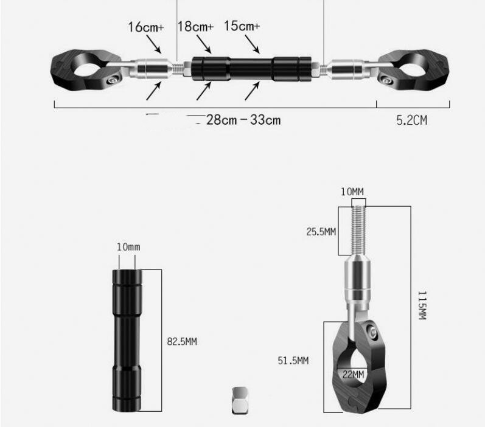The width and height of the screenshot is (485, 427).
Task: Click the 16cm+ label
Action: click(145, 27)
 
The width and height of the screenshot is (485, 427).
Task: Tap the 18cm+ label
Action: click(195, 27)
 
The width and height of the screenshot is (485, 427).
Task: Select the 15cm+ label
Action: click(242, 26)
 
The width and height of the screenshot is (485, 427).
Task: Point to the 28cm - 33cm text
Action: click(243, 120)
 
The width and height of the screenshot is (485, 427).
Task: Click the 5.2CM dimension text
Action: click(412, 120)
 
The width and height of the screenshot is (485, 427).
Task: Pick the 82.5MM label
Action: click(182, 341)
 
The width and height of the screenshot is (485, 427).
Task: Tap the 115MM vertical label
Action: click(422, 305)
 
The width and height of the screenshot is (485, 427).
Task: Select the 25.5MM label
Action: click(321, 232)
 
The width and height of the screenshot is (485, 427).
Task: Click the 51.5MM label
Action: click(293, 361)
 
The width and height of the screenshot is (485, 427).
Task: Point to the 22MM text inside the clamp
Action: click(353, 375)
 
